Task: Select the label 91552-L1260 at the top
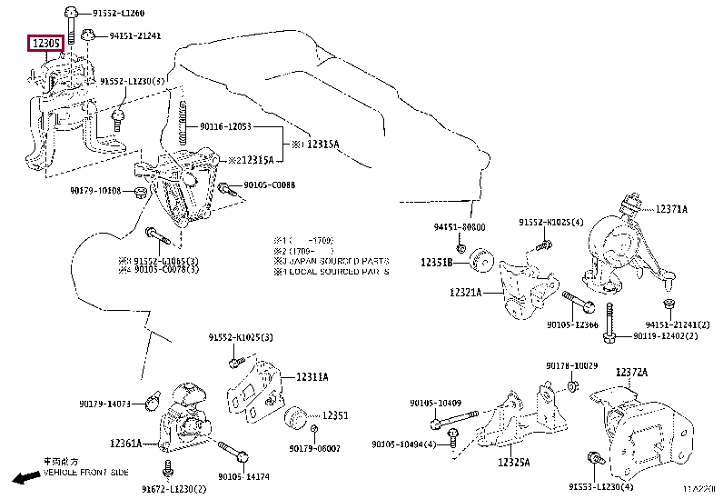click(x=119, y=14)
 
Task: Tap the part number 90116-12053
click(x=225, y=127)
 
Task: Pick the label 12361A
click(x=125, y=444)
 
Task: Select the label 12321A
click(x=465, y=293)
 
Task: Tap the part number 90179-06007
click(x=315, y=448)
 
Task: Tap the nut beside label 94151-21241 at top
click(x=87, y=36)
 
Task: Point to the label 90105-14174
click(x=243, y=475)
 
